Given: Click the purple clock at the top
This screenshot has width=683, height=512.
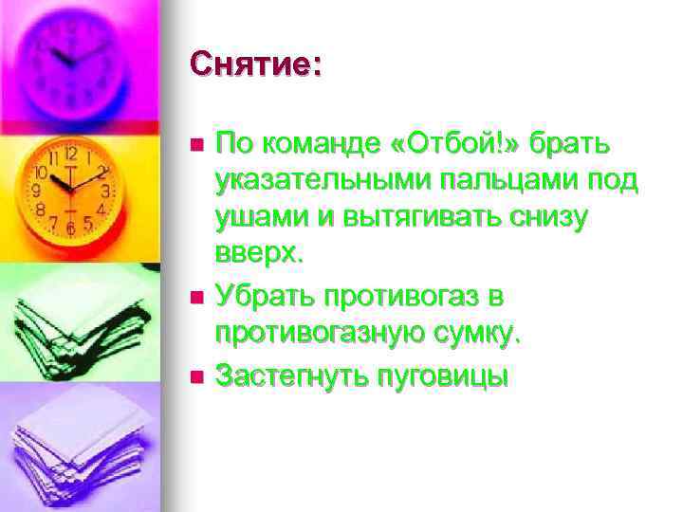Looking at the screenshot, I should (x=71, y=57).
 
